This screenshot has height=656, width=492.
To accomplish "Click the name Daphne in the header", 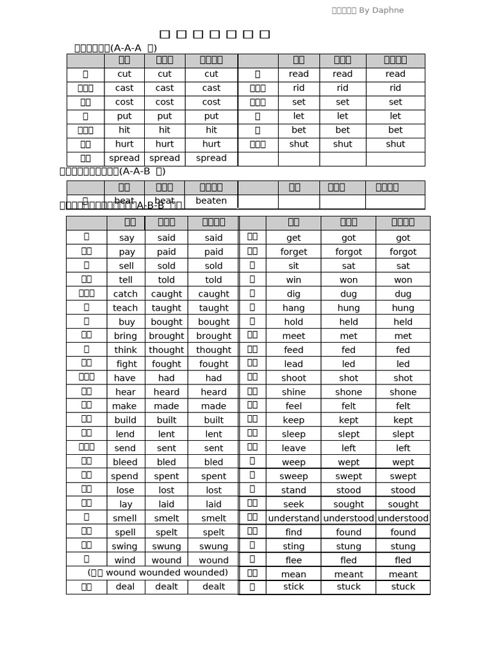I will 389,10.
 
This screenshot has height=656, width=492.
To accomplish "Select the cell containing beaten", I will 211,201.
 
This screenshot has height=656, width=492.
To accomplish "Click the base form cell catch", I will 126,294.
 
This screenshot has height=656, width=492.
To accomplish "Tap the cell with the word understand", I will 293,518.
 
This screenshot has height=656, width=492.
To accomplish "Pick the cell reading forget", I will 293,252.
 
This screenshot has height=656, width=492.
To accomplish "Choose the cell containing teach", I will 126,308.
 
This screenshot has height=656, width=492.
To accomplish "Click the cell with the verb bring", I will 126,336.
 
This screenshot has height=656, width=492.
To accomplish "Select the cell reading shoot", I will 293,378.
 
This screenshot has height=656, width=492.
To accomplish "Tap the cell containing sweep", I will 293,476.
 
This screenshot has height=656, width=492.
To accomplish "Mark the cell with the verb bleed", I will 126,462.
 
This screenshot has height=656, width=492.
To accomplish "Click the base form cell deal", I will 126,587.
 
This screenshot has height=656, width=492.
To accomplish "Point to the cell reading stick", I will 293,587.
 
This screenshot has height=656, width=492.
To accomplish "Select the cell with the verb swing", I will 126,546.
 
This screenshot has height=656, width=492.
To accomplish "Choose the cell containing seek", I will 293,504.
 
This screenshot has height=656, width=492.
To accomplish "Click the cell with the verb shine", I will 293,392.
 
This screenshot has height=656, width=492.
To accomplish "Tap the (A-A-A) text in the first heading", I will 134,48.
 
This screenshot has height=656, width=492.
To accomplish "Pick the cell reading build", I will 126,420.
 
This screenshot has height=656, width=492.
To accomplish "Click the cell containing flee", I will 293,561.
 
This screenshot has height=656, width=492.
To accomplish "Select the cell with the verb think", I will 126,350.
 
